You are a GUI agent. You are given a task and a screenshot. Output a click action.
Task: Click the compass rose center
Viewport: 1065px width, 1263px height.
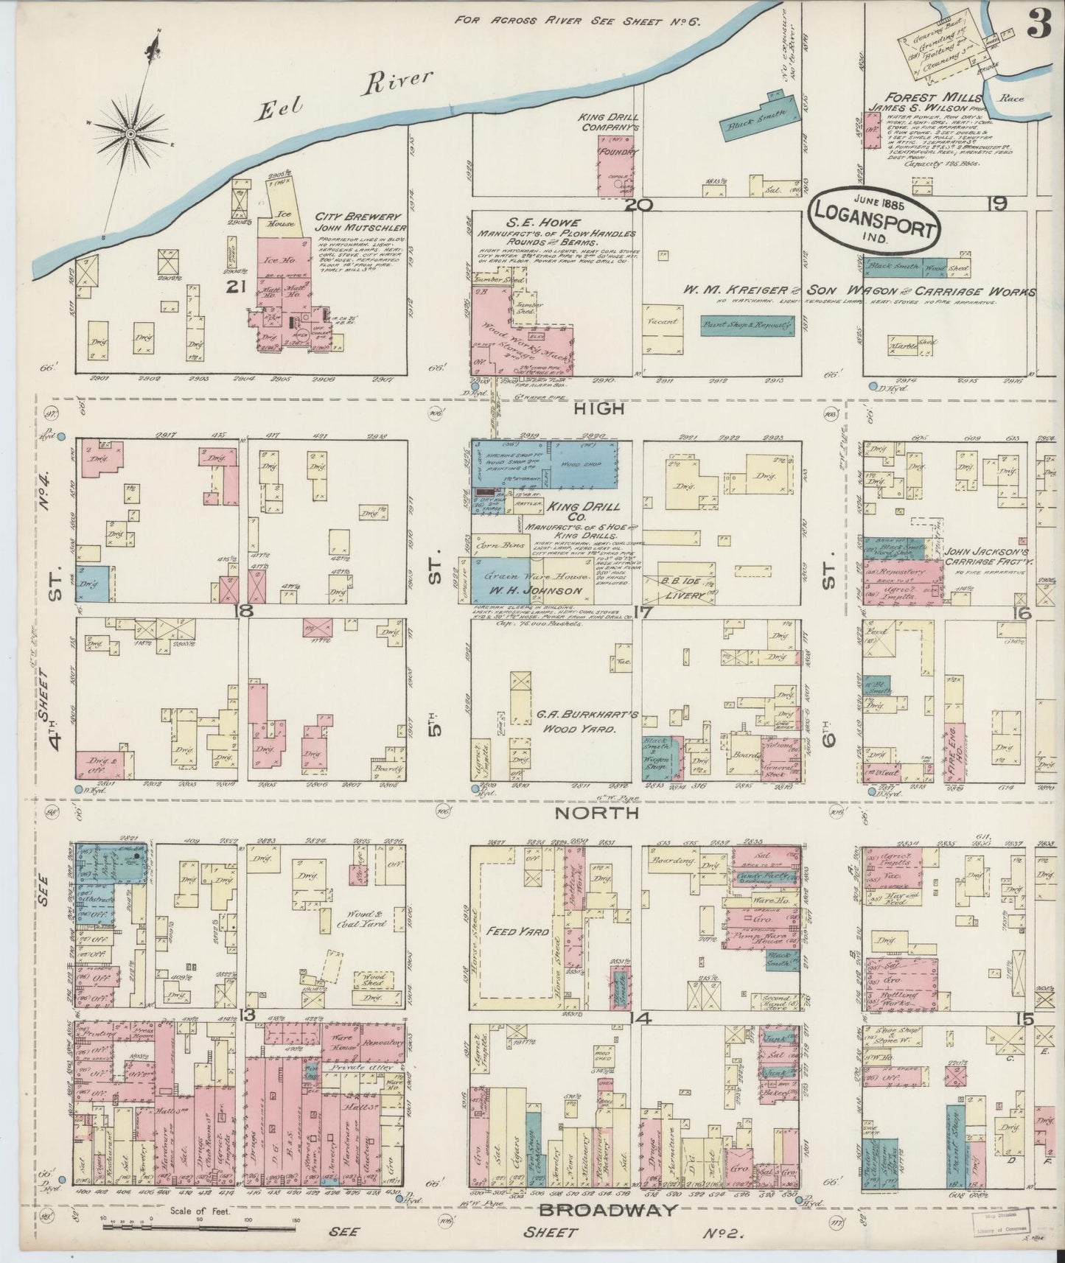[x=130, y=133]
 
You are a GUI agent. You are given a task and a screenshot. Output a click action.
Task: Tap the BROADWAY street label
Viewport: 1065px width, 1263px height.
[x=607, y=1209]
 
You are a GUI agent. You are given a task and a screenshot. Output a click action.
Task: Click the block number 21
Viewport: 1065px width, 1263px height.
[x=236, y=288]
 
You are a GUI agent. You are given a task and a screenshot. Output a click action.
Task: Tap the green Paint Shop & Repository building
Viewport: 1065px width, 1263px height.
[x=747, y=324]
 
